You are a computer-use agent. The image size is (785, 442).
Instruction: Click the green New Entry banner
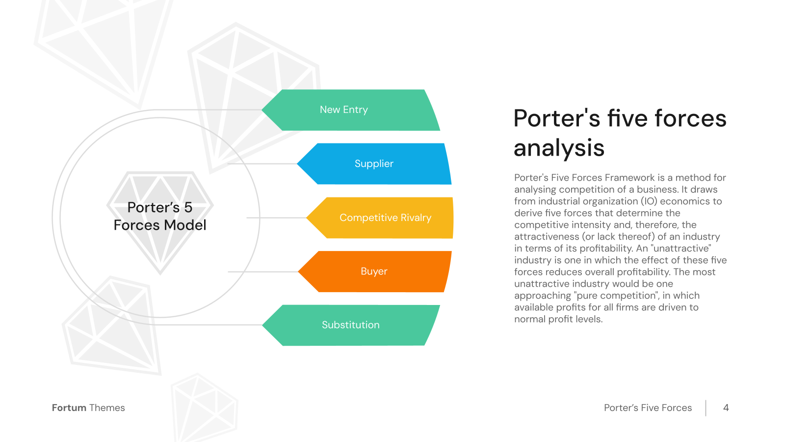351,110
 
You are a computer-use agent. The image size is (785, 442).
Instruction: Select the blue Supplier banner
374,164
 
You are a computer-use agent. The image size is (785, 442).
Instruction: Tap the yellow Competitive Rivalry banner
380,218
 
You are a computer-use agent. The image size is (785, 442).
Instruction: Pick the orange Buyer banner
375,272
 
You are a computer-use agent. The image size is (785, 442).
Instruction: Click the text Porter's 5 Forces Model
160,216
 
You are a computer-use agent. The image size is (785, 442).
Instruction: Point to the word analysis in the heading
559,148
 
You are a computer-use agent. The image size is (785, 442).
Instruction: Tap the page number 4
726,408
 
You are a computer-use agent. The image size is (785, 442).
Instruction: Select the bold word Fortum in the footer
69,408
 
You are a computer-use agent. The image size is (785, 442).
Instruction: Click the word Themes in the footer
107,408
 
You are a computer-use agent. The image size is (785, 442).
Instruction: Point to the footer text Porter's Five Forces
648,408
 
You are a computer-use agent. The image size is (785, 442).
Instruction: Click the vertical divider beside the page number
706,408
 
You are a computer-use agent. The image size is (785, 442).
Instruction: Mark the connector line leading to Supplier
262,164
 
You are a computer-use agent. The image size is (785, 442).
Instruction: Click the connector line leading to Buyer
263,272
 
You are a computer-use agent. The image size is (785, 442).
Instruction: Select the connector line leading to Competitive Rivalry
277,218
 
